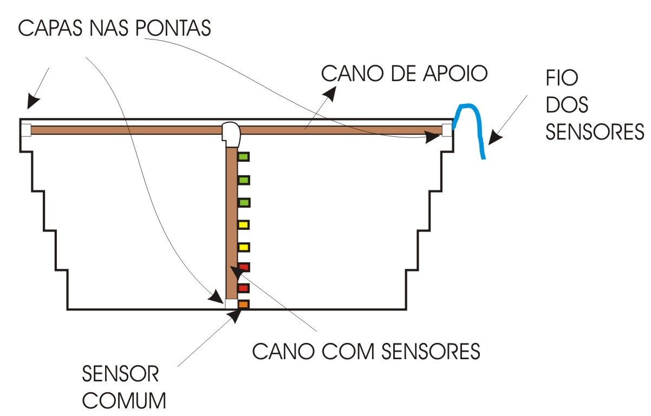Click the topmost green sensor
tap(244, 157)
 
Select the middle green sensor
tap(244, 180)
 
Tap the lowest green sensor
tap(244, 202)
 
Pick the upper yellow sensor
tap(244, 224)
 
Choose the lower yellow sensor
tap(244, 247)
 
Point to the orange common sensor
tap(243, 305)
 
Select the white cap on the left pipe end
tap(26, 130)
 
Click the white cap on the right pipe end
tap(447, 130)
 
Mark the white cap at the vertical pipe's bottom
tap(231, 304)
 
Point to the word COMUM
tap(125, 401)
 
